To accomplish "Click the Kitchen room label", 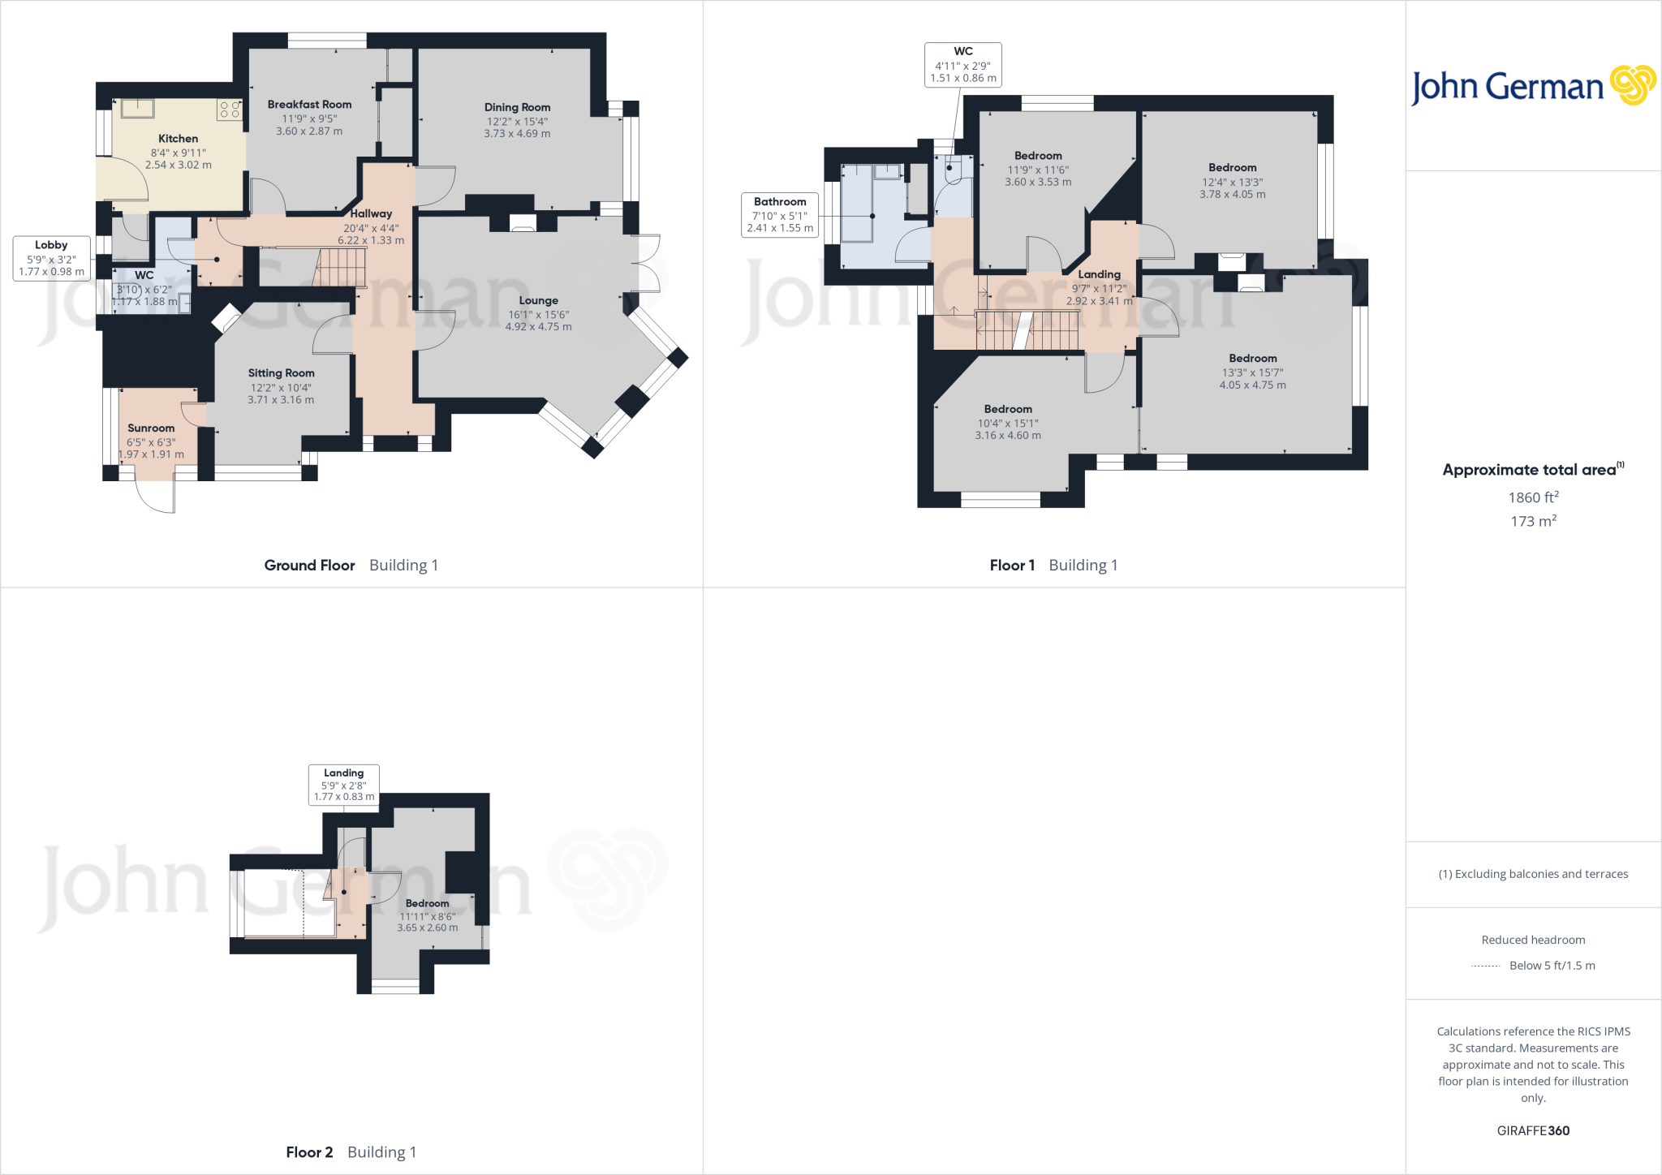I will (x=178, y=139).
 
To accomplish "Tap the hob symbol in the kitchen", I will (x=230, y=110).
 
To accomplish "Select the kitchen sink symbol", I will (x=138, y=108).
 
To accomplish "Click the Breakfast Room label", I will (x=309, y=105).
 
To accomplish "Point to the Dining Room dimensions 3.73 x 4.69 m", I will (x=517, y=134).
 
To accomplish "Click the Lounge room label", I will (x=538, y=300).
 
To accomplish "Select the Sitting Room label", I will (x=281, y=373).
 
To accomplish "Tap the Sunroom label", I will (x=151, y=428).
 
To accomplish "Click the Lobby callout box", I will (x=51, y=258).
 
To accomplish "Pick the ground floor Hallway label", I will (x=371, y=213).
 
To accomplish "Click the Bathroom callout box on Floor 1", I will (x=780, y=214).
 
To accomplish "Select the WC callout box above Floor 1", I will (x=962, y=65).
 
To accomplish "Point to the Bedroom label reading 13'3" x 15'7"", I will (x=1252, y=359).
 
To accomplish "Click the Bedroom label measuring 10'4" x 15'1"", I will (x=1008, y=410).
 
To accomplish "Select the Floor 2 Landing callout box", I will (x=343, y=785).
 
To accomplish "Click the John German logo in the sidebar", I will (x=1532, y=86).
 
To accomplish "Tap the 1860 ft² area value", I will (x=1533, y=497).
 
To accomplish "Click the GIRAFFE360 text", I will (x=1533, y=1130).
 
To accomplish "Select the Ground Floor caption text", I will (x=309, y=566).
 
